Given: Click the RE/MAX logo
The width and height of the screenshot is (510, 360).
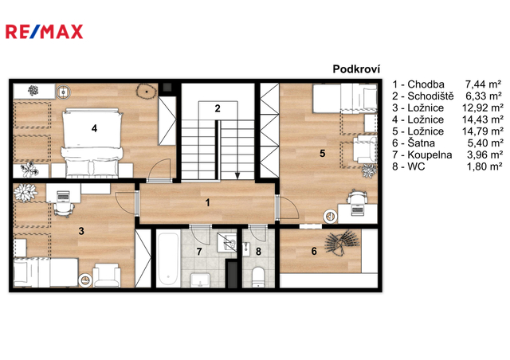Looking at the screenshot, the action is click(45, 32).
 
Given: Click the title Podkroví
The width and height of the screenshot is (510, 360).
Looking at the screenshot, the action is click(356, 69).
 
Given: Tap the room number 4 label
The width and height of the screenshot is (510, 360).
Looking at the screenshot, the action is click(94, 128).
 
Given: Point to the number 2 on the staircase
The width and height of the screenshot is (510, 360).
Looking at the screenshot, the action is click(218, 108).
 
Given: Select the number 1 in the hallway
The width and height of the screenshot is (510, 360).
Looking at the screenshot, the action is click(207, 202).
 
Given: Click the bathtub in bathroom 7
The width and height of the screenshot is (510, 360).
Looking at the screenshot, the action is click(168, 259).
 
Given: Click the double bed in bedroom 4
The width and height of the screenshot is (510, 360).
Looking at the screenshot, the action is click(92, 143).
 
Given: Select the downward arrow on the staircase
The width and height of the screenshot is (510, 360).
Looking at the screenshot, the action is click(237, 149).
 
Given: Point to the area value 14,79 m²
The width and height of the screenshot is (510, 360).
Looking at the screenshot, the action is click(483, 131).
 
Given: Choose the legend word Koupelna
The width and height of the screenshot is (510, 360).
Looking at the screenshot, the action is click(430, 155).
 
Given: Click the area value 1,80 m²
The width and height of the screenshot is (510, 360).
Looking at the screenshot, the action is click(484, 166).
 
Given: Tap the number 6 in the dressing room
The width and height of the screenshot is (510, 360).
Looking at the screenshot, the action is click(314, 251).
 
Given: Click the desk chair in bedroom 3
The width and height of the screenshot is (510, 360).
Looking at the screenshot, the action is click(64, 208).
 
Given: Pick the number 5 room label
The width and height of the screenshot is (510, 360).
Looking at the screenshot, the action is click(322, 153).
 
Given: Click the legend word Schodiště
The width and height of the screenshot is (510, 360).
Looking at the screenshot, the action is click(430, 96).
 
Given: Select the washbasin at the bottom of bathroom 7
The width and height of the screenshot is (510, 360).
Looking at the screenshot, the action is click(200, 280).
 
